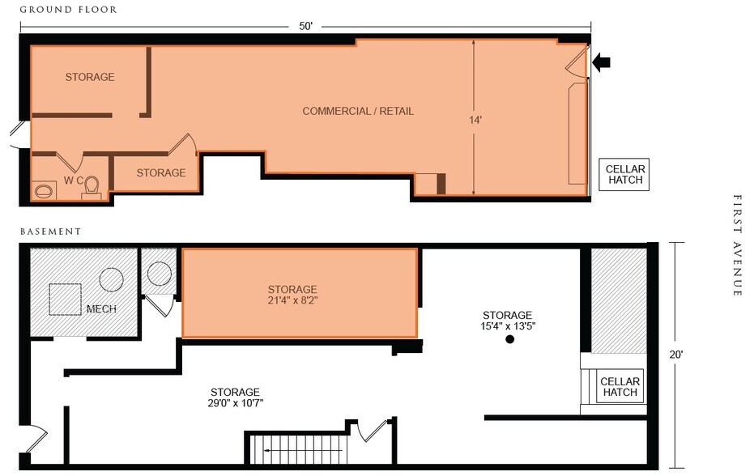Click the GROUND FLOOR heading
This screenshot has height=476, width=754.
68,10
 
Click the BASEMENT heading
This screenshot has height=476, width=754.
50,231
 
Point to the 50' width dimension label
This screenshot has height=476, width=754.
305,26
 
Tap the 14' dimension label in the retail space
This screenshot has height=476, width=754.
475,120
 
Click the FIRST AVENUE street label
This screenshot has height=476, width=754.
737,244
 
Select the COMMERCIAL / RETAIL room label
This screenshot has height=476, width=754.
358,111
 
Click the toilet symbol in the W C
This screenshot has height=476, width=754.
92,187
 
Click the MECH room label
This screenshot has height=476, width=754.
101,309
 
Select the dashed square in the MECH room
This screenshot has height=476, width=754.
65,299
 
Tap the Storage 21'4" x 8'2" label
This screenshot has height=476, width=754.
292,295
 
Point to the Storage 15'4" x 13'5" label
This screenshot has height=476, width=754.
507,320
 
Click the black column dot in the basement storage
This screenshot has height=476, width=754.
510,340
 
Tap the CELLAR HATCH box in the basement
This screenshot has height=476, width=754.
620,387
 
